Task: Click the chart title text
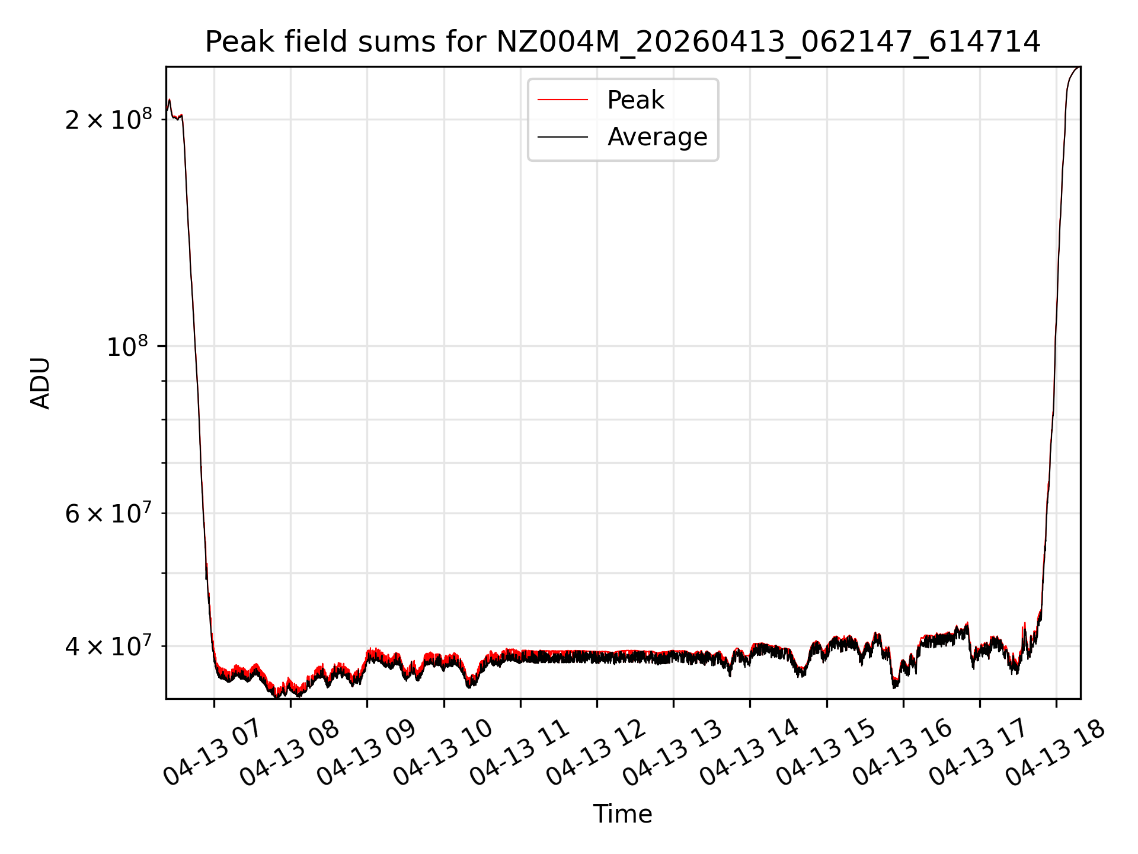coord(622,43)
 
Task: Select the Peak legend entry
coord(635,100)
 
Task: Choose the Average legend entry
coord(657,137)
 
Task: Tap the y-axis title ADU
coord(40,383)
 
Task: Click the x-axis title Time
coord(622,814)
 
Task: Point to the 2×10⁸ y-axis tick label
coord(108,120)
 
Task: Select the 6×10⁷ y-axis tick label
coord(108,514)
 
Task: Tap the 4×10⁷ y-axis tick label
coord(108,646)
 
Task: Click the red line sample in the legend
coord(562,100)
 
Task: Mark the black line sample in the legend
coord(562,137)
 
